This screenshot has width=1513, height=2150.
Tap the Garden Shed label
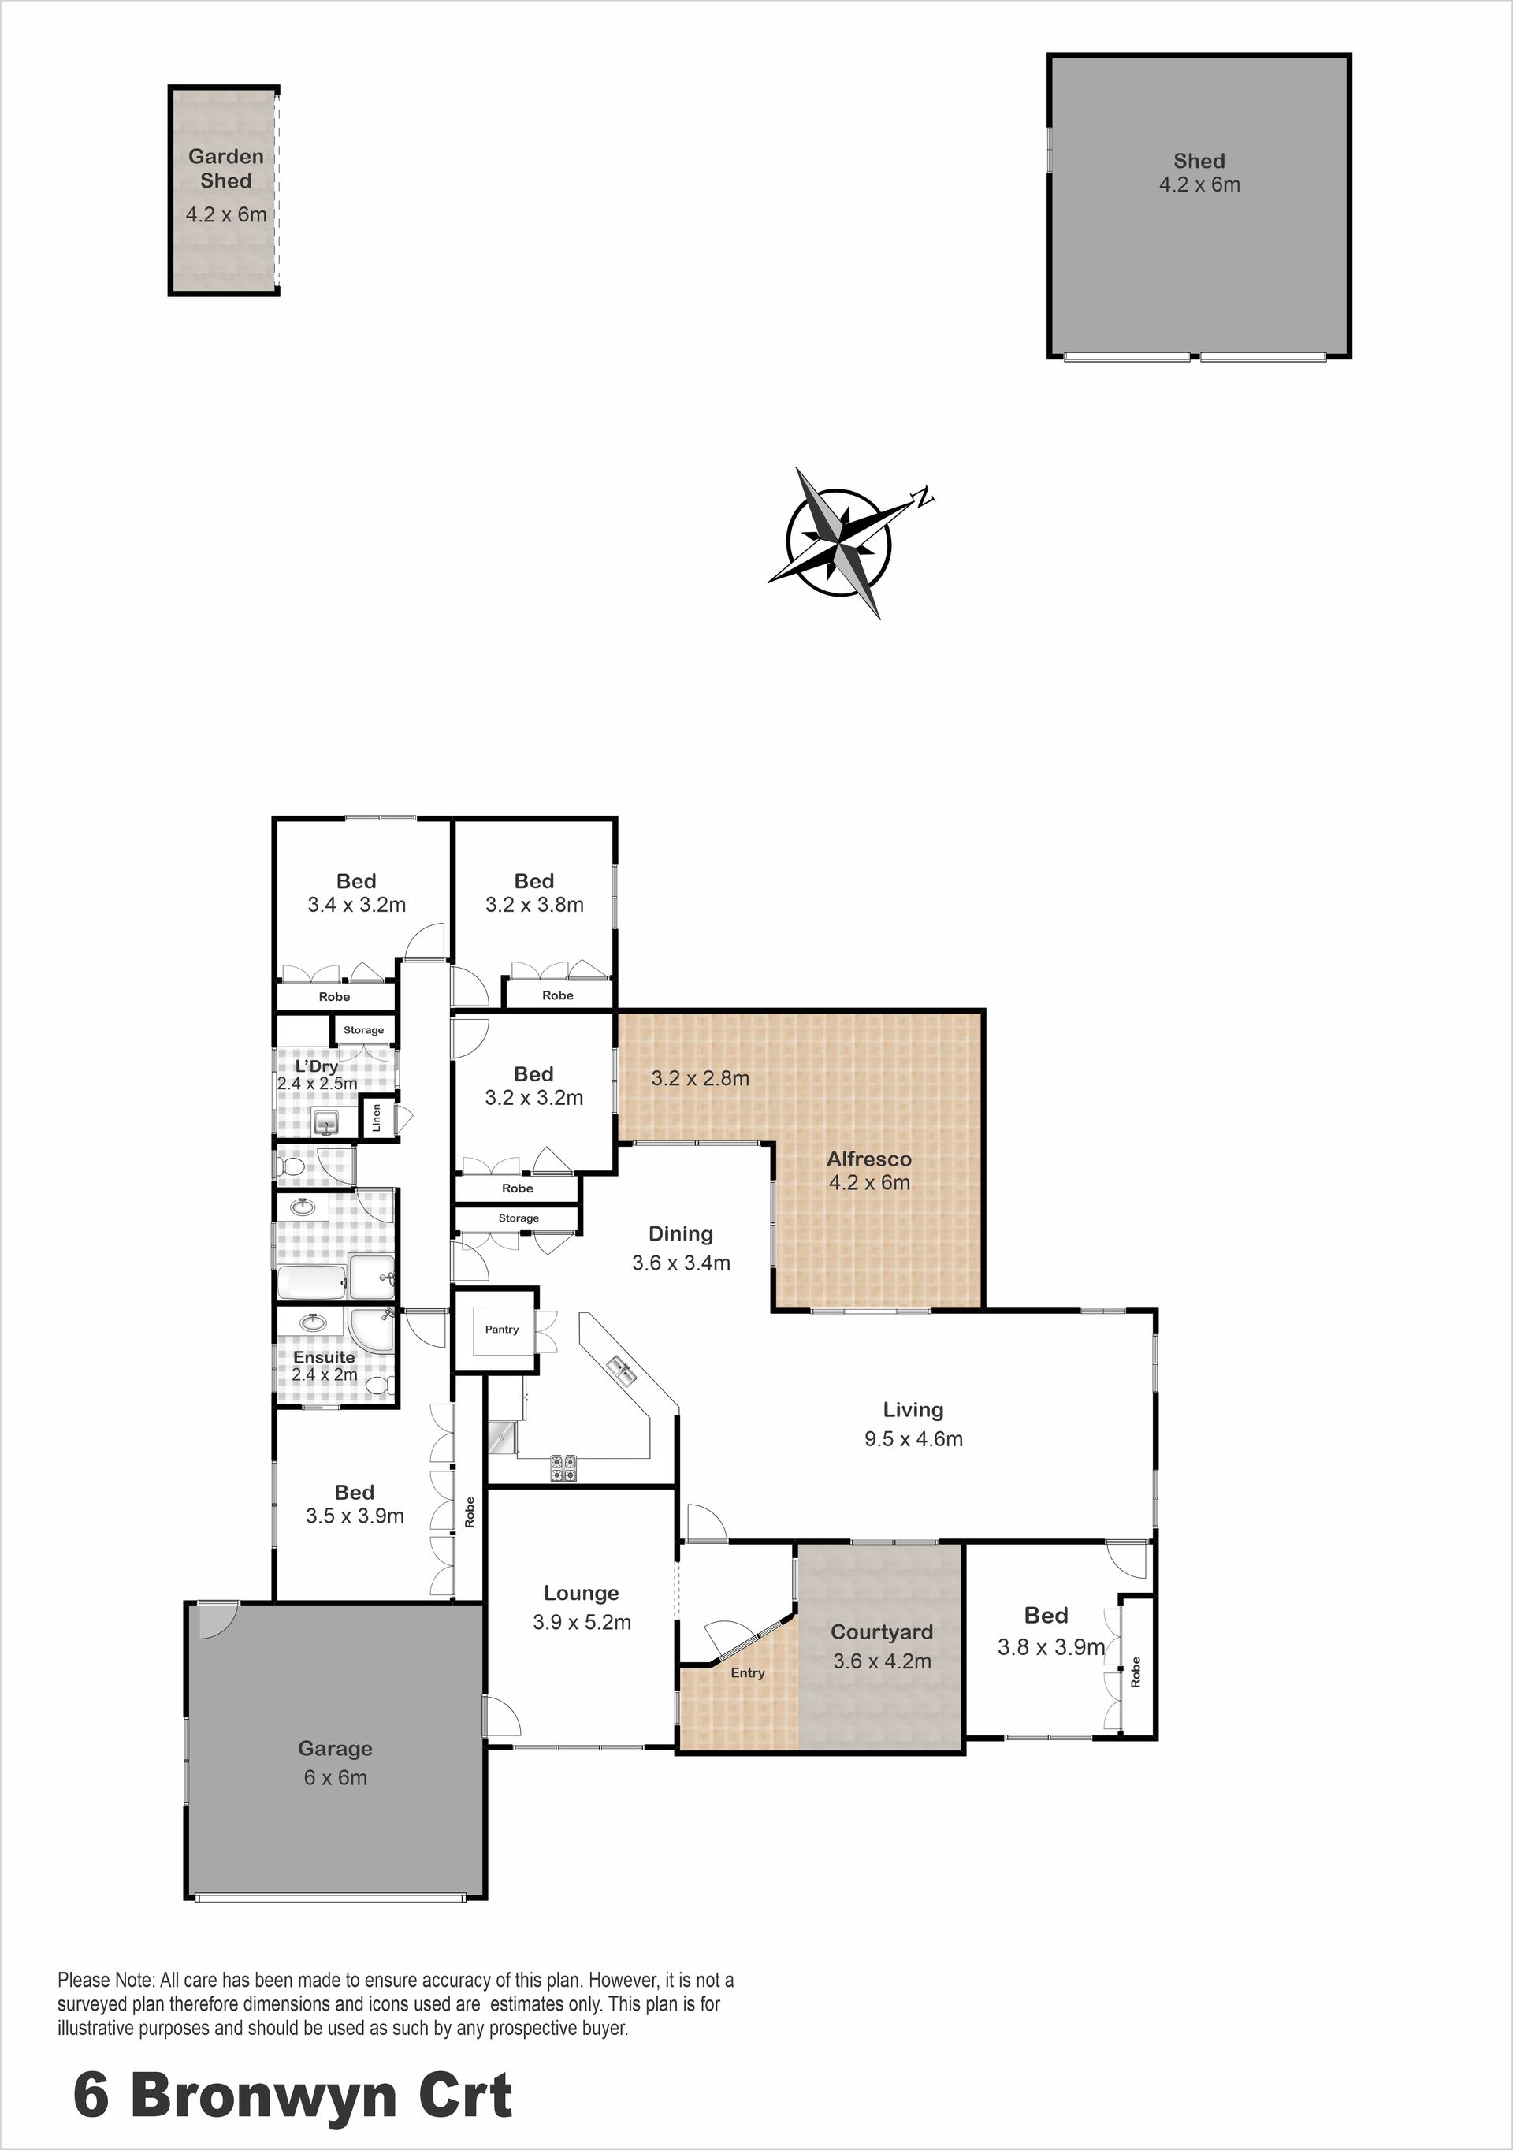pyautogui.click(x=225, y=169)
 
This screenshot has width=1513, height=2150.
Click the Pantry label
pyautogui.click(x=502, y=1329)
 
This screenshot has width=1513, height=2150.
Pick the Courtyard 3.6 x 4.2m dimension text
pyautogui.click(x=882, y=1661)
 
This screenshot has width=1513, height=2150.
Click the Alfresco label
pyautogui.click(x=869, y=1159)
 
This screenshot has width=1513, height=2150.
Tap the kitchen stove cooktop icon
pyautogui.click(x=563, y=1467)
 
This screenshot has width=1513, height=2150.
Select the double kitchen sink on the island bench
pyautogui.click(x=622, y=1371)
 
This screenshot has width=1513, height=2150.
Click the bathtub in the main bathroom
pyautogui.click(x=312, y=1283)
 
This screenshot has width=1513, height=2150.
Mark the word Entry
pyautogui.click(x=748, y=1672)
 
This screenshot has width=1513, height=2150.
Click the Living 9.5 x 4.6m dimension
pyautogui.click(x=914, y=1438)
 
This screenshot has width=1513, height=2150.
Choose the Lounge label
pyautogui.click(x=582, y=1593)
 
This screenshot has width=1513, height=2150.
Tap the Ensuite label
pyautogui.click(x=324, y=1357)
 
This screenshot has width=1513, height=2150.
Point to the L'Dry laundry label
pyautogui.click(x=317, y=1066)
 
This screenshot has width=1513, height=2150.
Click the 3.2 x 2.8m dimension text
pyautogui.click(x=701, y=1078)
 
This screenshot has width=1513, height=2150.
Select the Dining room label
pyautogui.click(x=681, y=1234)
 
